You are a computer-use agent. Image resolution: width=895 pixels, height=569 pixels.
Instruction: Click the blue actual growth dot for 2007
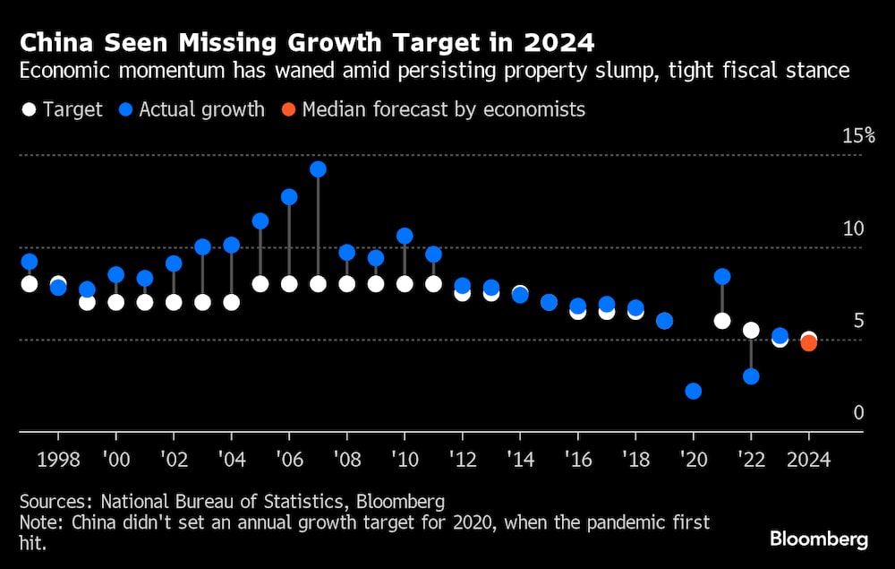318,169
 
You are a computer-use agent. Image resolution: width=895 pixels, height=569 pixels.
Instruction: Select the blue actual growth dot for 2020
693,391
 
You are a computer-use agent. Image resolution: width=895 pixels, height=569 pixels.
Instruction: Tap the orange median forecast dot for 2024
808,342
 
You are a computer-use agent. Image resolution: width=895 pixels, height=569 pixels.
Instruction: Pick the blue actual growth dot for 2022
751,376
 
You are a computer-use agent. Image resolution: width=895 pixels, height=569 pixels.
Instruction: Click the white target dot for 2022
751,331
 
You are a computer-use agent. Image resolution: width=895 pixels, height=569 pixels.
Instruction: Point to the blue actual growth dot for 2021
722,276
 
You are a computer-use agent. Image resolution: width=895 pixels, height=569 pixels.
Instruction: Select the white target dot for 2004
232,302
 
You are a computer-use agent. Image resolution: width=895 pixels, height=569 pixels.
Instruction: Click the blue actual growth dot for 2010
405,237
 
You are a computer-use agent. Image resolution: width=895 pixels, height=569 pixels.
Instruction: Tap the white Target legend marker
29,110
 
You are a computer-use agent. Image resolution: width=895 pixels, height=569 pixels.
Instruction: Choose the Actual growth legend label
202,110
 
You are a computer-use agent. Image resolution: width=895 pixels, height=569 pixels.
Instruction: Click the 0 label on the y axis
858,413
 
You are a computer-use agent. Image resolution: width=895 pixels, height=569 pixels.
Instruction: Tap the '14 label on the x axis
520,459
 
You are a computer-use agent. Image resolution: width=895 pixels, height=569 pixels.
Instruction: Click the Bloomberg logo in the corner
819,539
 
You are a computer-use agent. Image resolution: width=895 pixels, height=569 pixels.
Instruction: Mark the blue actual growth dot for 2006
289,197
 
